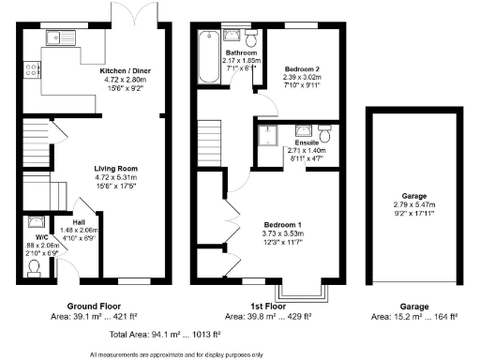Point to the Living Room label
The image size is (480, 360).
coord(114,170)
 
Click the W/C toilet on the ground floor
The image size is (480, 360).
coord(34,266)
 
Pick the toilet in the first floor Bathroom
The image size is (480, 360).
coord(250,37)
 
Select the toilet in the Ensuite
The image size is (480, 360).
coord(323,132)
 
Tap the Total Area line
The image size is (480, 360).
coord(165,333)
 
